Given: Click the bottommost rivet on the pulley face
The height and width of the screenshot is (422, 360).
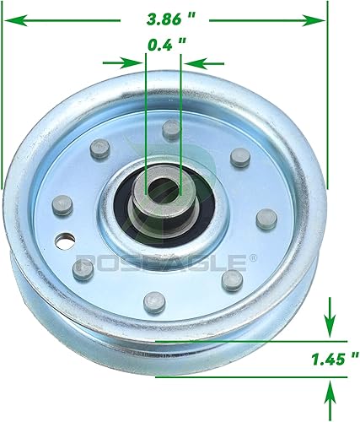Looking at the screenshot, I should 153,298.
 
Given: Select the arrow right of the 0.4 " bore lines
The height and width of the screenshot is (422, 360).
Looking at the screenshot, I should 196,61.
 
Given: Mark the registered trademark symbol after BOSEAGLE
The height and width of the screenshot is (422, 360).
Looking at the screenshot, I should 243,258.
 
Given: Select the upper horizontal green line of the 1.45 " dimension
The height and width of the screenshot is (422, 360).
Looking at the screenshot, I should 253,340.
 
